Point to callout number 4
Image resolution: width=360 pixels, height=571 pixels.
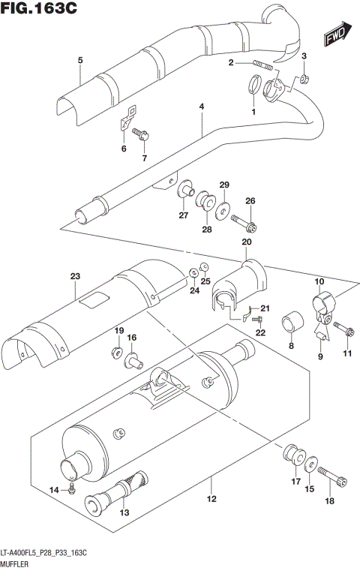202,107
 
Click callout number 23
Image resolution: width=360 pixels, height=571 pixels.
75,277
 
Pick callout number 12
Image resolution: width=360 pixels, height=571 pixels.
211,500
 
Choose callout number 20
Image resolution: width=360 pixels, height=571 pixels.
245,242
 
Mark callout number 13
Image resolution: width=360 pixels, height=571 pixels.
124,512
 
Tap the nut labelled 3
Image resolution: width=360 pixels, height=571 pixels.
304,79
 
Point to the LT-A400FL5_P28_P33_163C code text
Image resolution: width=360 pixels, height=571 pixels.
45,552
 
